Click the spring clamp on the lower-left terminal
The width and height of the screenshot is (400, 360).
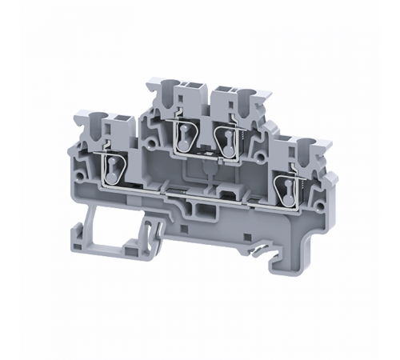(x=111, y=169)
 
